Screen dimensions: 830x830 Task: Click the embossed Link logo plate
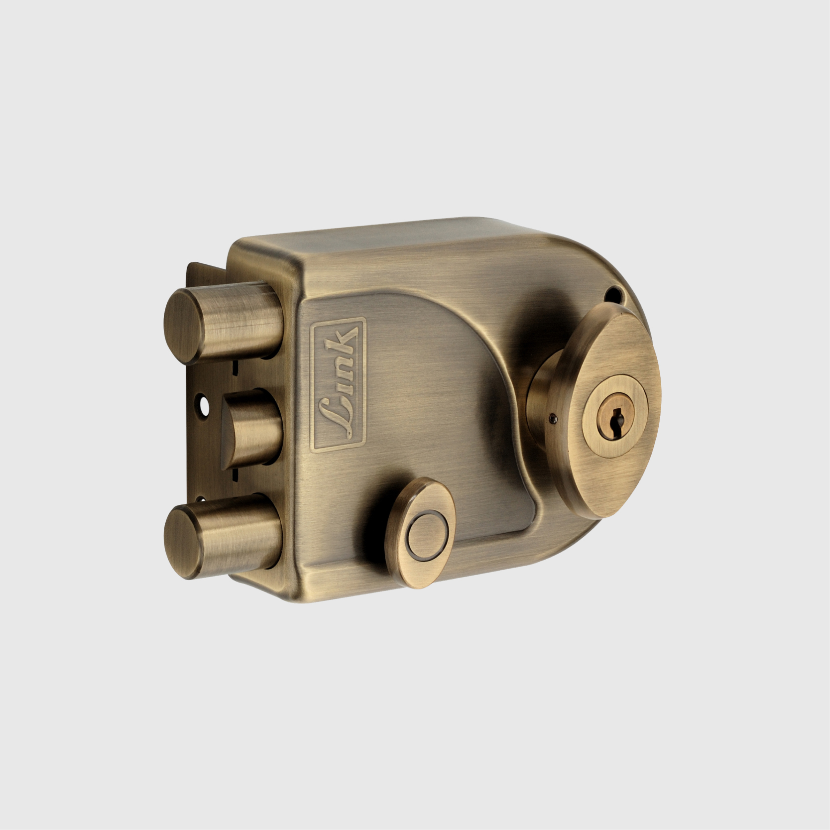(339, 384)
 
